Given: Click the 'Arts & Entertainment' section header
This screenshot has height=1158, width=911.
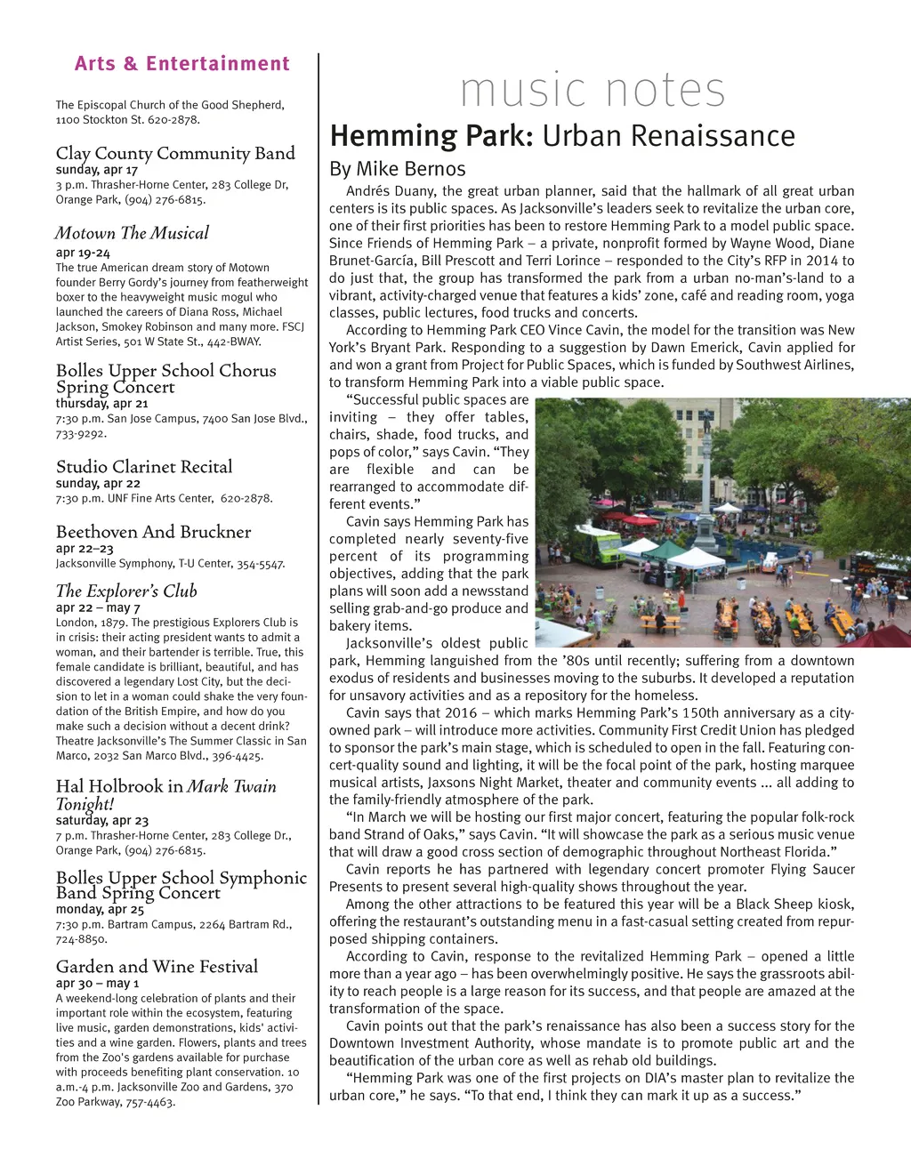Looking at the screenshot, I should pyautogui.click(x=182, y=64).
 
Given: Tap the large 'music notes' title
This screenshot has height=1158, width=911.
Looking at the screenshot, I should pyautogui.click(x=593, y=90).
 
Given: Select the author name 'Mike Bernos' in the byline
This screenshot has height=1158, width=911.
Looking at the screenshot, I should pyautogui.click(x=410, y=169).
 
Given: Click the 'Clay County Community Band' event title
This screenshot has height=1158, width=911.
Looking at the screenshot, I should pyautogui.click(x=175, y=153).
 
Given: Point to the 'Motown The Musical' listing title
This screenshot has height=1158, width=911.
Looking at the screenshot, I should pyautogui.click(x=132, y=233).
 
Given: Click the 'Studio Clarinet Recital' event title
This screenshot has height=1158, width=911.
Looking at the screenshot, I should pyautogui.click(x=144, y=466).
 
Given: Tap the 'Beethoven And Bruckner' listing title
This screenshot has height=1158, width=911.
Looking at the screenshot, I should pyautogui.click(x=153, y=532).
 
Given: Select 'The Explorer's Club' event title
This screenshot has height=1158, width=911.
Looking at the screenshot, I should pyautogui.click(x=126, y=591).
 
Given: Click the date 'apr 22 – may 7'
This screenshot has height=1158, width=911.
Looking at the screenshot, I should pyautogui.click(x=98, y=607).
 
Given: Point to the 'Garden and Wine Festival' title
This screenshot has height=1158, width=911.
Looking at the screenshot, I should pyautogui.click(x=157, y=966).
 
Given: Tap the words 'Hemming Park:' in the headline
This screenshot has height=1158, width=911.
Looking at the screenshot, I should pyautogui.click(x=431, y=136).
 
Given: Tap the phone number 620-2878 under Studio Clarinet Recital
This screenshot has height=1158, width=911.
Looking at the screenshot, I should pyautogui.click(x=246, y=498).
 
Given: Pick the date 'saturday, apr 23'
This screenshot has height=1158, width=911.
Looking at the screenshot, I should pyautogui.click(x=101, y=820).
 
